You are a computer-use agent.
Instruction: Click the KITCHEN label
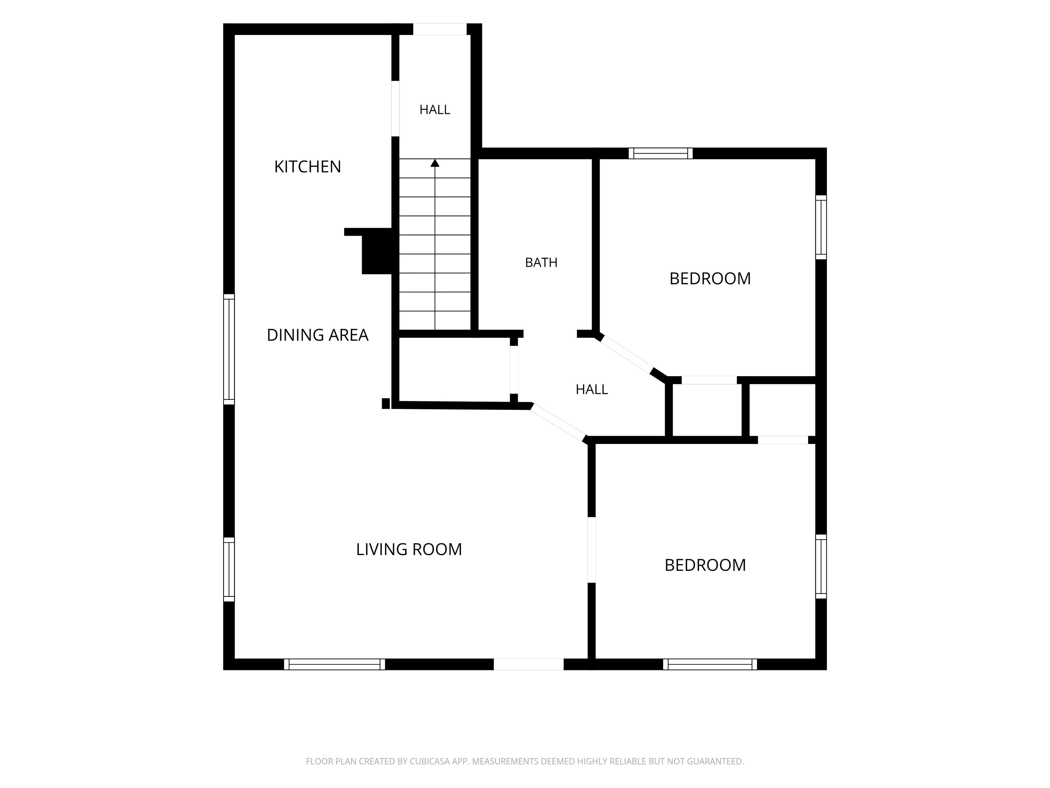308,167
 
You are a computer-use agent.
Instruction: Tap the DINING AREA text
318,335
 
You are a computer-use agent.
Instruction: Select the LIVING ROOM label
409,550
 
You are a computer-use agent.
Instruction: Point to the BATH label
541,263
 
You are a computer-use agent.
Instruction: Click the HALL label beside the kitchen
435,110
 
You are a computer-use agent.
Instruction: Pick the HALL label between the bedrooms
592,390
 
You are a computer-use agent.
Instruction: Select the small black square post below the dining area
386,403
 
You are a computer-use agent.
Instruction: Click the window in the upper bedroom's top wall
661,154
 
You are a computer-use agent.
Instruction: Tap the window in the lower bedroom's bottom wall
710,664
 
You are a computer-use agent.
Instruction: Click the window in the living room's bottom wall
335,664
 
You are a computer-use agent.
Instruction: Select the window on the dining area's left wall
229,350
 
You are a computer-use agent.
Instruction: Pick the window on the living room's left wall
229,569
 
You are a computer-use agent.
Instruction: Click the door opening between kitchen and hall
395,109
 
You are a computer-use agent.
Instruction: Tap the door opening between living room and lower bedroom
591,550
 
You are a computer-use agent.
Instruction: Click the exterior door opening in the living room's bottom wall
529,664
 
